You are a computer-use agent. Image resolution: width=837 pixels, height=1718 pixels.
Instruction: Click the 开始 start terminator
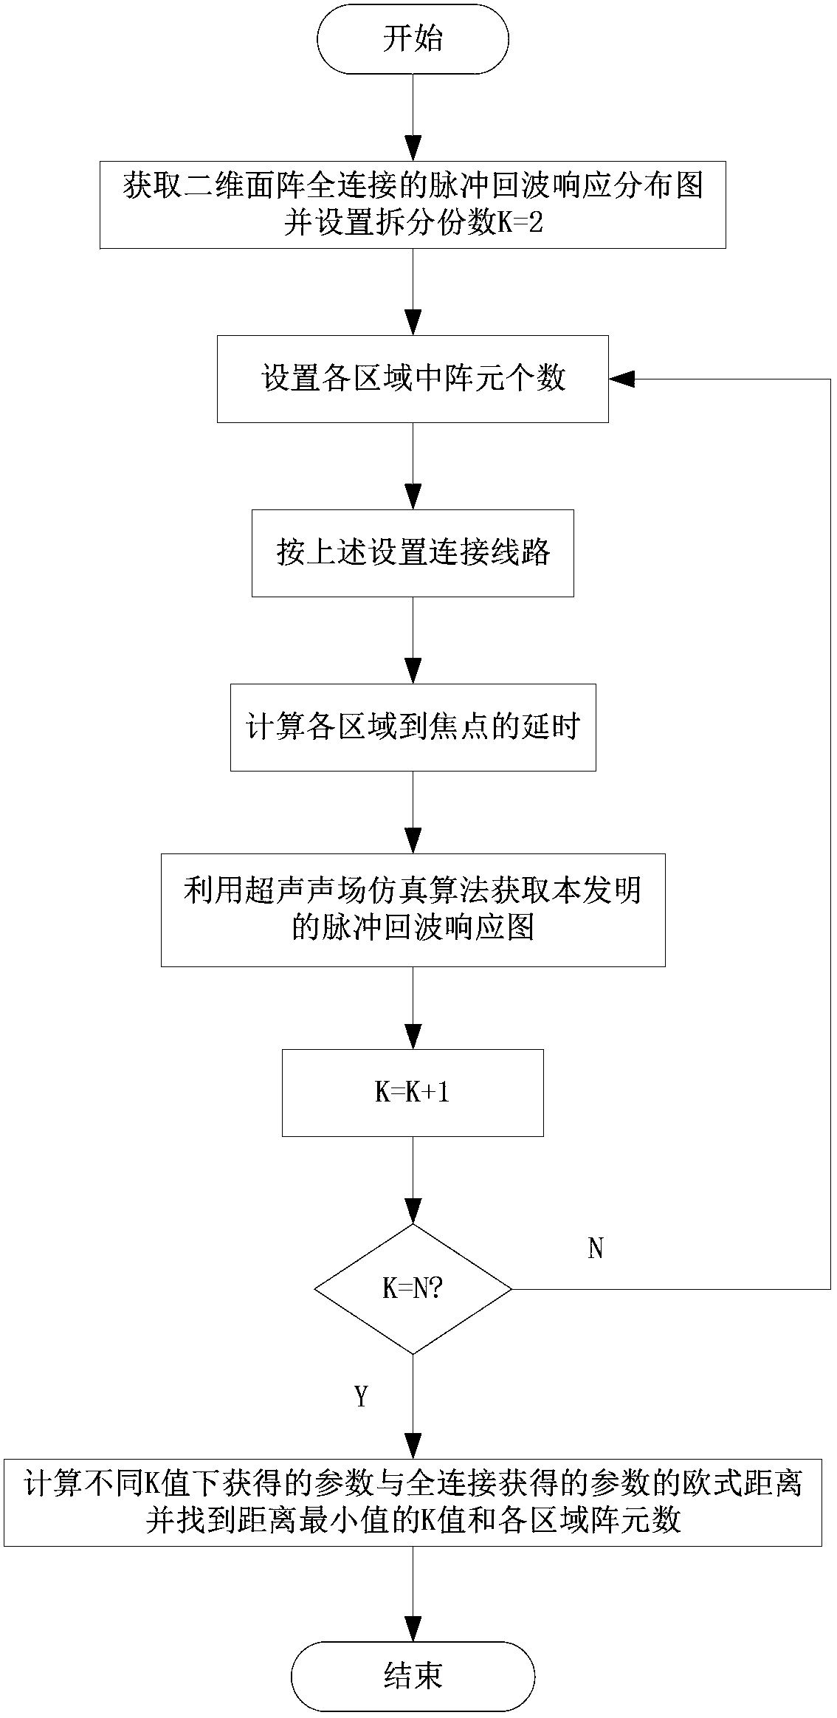(413, 39)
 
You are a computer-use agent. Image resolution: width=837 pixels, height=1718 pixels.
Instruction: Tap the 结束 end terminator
(413, 1676)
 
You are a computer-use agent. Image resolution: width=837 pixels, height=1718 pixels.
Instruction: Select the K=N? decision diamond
(413, 1289)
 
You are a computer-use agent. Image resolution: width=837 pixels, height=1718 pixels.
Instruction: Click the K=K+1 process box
(413, 1093)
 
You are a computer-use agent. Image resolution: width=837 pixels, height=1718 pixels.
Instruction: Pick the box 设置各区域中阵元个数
(413, 379)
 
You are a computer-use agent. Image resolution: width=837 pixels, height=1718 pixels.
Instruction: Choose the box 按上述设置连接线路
(413, 553)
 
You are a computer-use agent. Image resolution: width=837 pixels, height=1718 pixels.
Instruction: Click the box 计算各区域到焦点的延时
(413, 728)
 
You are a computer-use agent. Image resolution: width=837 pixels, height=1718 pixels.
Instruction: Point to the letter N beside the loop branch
(596, 1248)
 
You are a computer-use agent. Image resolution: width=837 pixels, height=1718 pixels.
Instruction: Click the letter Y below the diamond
(361, 1397)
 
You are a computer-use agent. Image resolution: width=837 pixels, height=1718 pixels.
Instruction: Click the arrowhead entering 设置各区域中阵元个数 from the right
(621, 379)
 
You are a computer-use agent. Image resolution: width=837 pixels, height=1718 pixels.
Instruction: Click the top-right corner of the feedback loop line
(831, 379)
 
